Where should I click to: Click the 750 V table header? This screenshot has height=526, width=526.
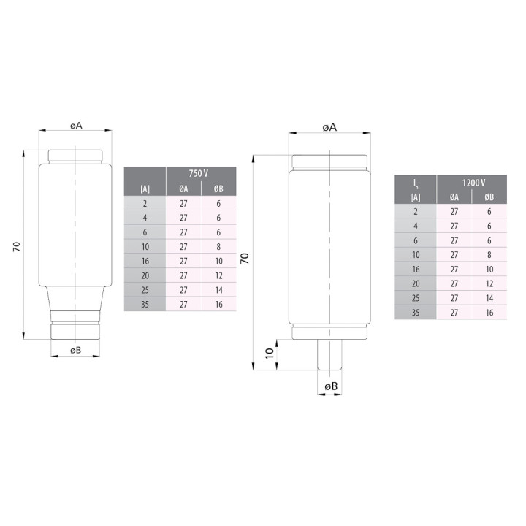(x=198, y=173)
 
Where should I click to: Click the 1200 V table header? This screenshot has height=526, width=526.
(x=473, y=183)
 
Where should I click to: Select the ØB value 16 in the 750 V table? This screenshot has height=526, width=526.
(x=218, y=304)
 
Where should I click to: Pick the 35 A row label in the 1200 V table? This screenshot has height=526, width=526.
(x=416, y=313)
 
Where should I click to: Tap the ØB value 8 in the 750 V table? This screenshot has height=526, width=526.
(x=218, y=247)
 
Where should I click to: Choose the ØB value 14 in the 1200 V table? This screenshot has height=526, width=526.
(x=489, y=298)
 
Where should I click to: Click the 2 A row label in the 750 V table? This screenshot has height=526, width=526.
(x=145, y=204)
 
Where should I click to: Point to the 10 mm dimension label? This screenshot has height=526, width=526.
(x=270, y=354)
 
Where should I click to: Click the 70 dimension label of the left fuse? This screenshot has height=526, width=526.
(x=16, y=247)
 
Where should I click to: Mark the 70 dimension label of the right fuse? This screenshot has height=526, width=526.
(x=245, y=258)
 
